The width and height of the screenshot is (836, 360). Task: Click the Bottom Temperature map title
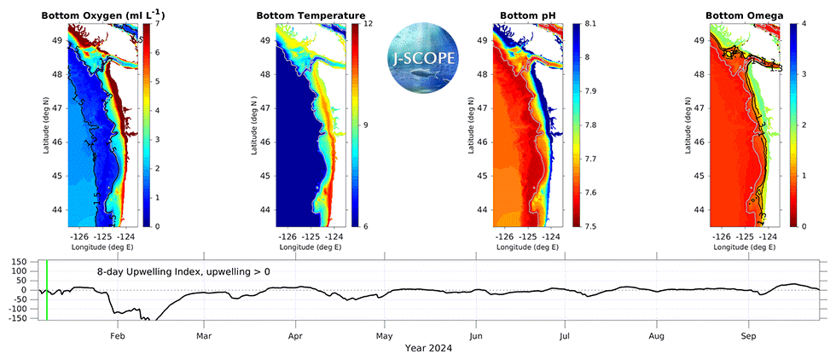pyautogui.click(x=311, y=16)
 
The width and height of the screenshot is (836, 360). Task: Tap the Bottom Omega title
pyautogui.click(x=740, y=16)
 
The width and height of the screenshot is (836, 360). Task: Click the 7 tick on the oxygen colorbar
pyautogui.click(x=160, y=23)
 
